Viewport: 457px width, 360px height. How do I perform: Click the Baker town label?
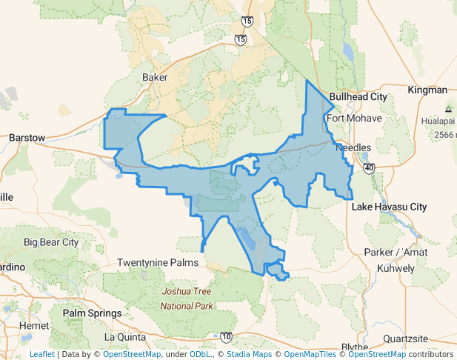[x=156, y=77]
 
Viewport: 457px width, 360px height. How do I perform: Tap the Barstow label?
[x=27, y=137]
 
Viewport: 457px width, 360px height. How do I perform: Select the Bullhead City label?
[x=358, y=97]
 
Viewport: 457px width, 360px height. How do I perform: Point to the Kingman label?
[x=427, y=90]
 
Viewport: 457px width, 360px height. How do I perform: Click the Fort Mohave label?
[x=354, y=118]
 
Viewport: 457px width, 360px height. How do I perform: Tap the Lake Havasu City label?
[x=389, y=207]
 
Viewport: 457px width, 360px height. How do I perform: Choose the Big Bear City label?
[x=51, y=242]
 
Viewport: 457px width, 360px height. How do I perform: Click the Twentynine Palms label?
[x=159, y=263]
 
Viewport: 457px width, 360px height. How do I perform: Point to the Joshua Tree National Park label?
[x=187, y=299]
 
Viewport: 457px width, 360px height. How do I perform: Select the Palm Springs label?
[x=92, y=313]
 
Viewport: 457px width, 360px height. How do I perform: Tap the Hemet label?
[x=35, y=325]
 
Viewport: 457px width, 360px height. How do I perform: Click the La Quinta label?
[x=121, y=336]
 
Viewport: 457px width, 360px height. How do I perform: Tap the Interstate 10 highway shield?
[x=225, y=337]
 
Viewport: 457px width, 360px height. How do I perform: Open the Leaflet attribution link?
[x=41, y=354]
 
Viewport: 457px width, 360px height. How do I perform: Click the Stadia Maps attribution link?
[x=249, y=354]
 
